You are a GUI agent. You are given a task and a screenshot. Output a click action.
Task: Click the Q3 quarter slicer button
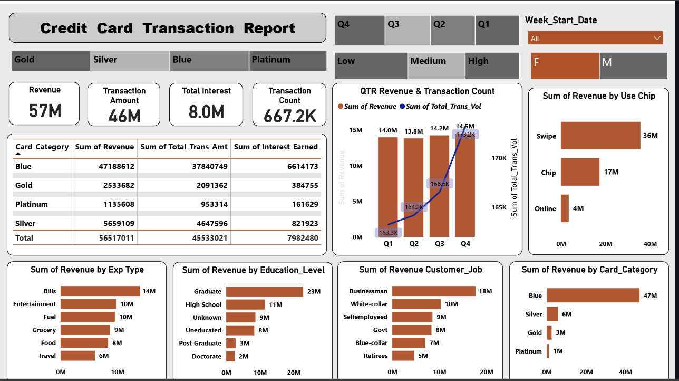coord(408,30)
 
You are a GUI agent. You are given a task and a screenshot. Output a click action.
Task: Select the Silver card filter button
coord(130,61)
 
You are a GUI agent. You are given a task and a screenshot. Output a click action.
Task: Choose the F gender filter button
coord(565,65)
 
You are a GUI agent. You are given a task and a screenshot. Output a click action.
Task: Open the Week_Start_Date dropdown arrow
coord(656,38)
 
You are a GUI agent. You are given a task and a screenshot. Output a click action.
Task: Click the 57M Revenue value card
coord(44,110)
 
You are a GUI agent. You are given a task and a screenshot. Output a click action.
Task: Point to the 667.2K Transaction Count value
coord(290,116)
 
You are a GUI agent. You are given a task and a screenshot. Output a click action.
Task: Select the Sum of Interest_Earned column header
coord(276,147)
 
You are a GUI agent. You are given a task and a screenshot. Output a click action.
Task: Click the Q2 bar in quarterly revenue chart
coord(413,187)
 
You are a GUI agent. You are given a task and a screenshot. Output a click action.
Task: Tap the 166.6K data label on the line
coord(440,184)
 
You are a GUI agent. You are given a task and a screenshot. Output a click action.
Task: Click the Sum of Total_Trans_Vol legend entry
coord(443,107)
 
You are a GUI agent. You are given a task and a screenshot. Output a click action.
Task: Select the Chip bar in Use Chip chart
coord(580,172)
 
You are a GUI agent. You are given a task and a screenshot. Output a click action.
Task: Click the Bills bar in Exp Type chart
coord(100,291)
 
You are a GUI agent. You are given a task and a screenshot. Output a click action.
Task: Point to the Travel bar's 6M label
coord(103,356)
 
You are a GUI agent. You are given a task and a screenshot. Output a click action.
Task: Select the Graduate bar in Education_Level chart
coord(265,291)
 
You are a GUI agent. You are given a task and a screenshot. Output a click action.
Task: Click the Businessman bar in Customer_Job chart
coord(434,291)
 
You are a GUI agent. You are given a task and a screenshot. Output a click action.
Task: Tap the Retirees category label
coord(375,356)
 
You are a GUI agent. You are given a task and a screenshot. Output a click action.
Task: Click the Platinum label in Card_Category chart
coord(528,351)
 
